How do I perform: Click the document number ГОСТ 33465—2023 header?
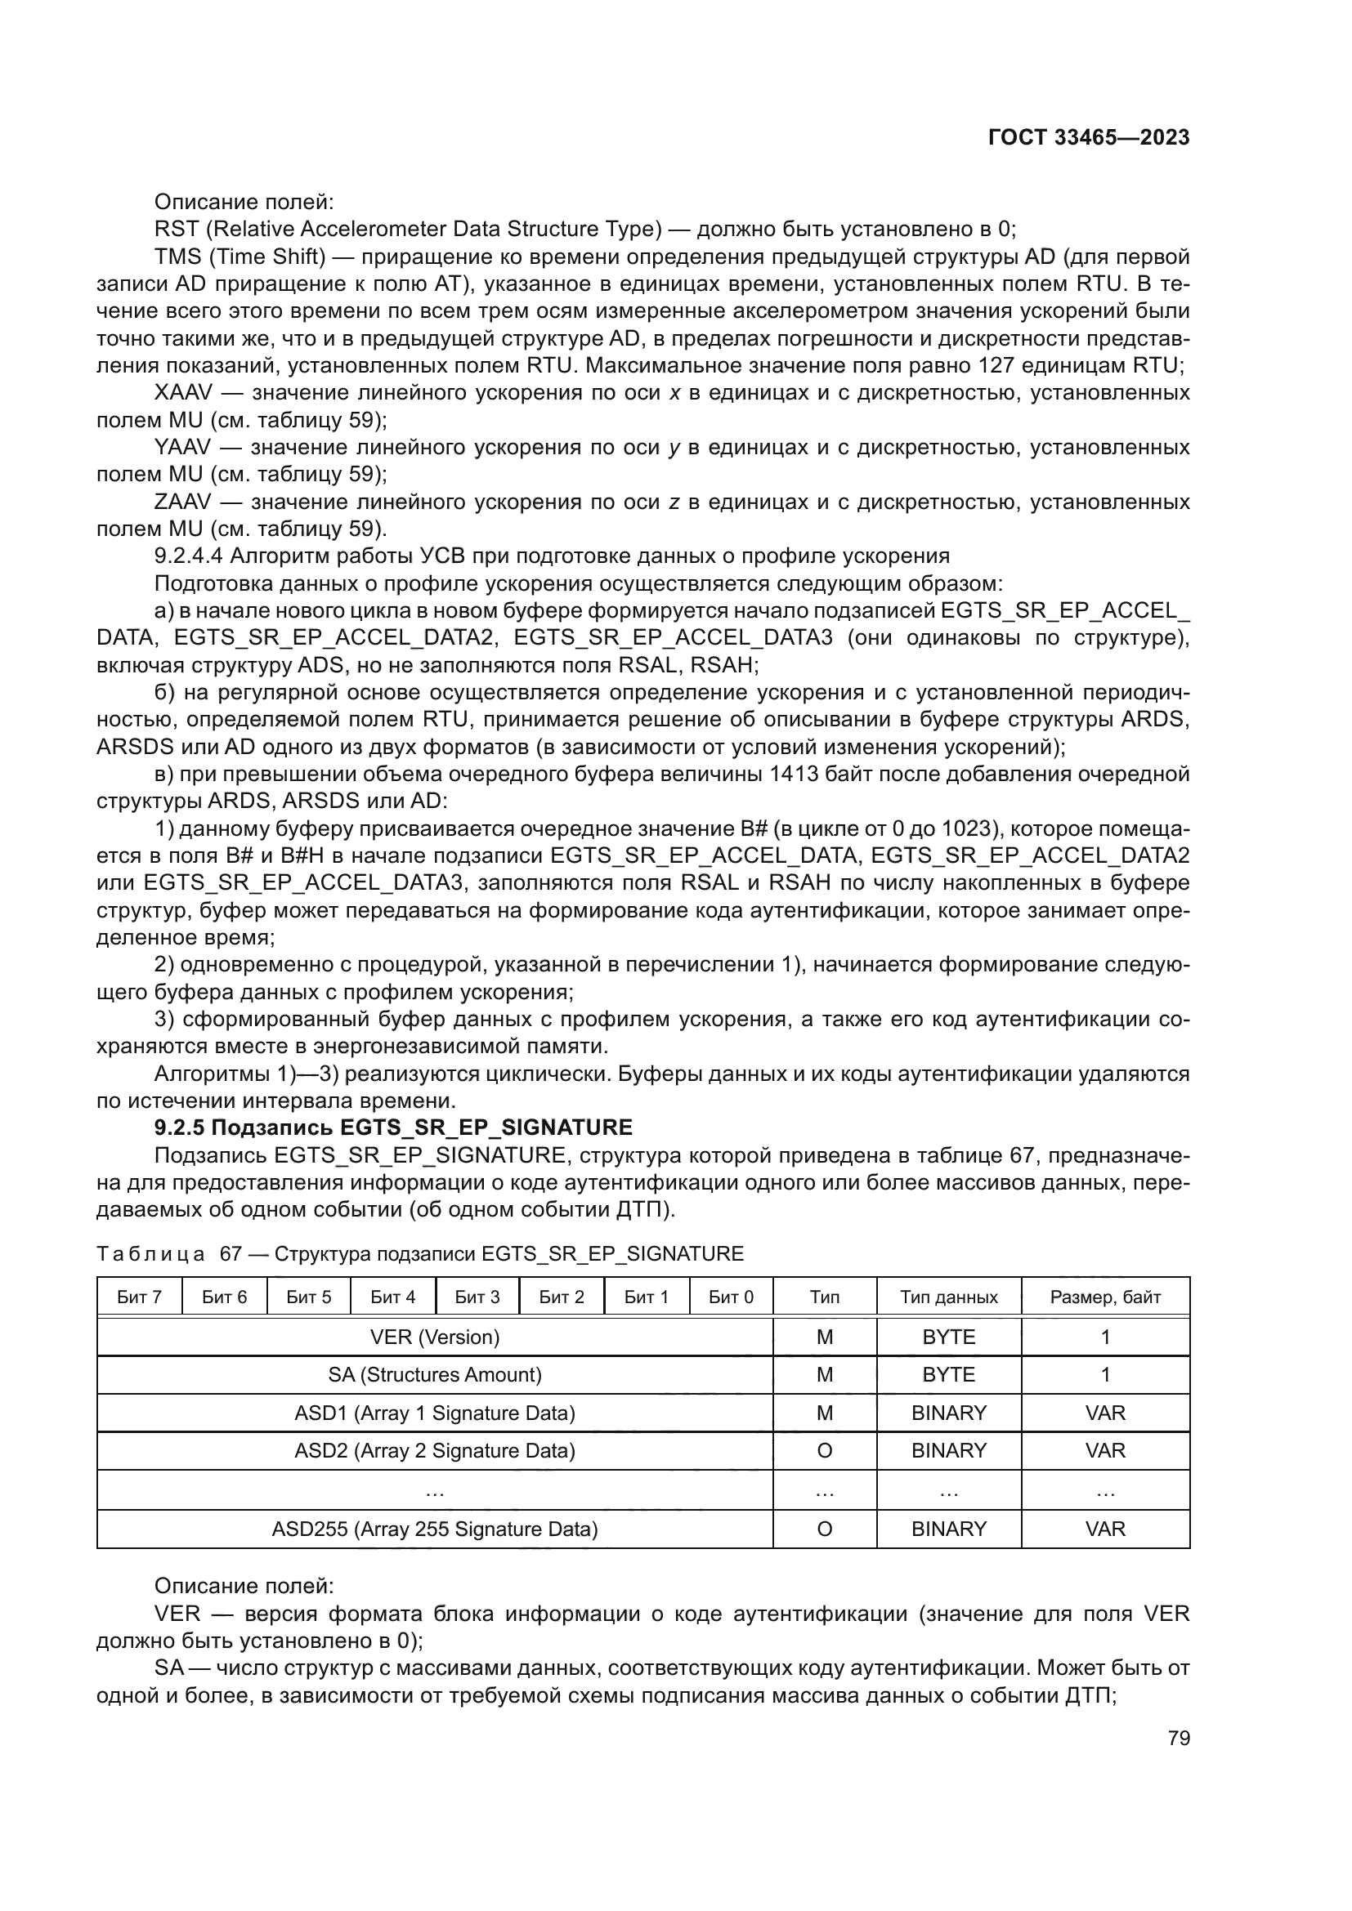[x=1088, y=137]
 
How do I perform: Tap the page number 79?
[x=1178, y=1738]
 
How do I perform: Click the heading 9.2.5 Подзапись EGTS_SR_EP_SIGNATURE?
[x=393, y=1127]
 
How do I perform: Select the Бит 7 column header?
[x=139, y=1297]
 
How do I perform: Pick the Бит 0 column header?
[x=730, y=1297]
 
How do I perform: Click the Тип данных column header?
[x=948, y=1297]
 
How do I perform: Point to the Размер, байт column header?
[x=1105, y=1297]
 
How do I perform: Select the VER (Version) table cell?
[x=435, y=1337]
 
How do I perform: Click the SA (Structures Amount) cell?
[x=435, y=1375]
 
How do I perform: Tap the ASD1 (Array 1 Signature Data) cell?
[x=435, y=1413]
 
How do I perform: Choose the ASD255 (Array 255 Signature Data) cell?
[x=435, y=1529]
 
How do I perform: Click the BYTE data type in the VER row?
[x=948, y=1337]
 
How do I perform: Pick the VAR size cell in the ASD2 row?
[x=1105, y=1451]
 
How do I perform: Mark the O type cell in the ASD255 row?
[x=824, y=1529]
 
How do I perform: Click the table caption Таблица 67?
[x=150, y=1253]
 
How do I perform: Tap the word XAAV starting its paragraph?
[x=183, y=393]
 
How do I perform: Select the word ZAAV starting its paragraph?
[x=182, y=502]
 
